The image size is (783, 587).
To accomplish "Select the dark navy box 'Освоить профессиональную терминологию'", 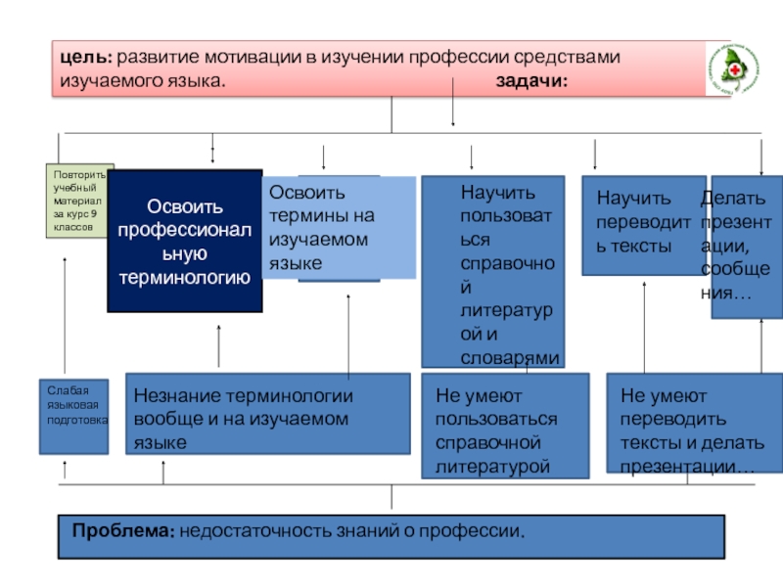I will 185,242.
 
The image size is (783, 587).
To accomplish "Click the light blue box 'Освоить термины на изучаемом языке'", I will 339,229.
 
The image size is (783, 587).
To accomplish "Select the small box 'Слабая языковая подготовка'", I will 73,416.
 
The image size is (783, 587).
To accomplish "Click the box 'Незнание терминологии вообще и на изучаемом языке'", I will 268,413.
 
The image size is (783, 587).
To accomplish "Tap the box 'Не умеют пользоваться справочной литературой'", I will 504,426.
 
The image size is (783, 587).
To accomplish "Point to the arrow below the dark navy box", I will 218,345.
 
